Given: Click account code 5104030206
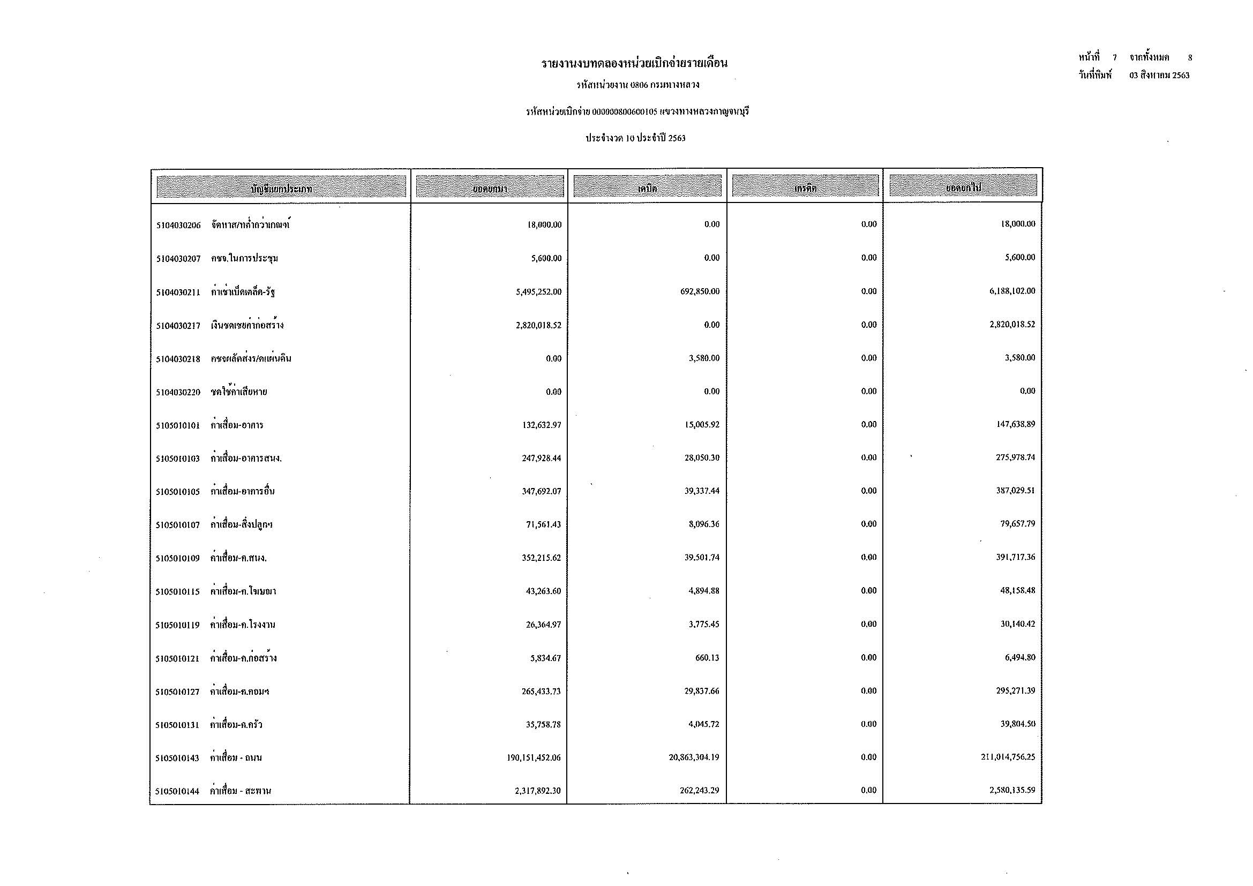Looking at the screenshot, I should [178, 226].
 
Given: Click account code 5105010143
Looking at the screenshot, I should [177, 759].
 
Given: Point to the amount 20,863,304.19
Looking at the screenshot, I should [694, 757].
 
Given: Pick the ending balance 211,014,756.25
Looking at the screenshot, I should [1008, 757].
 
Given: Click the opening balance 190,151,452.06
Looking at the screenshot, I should [534, 758].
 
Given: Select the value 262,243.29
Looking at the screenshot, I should [699, 791].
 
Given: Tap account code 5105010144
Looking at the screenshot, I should [177, 792].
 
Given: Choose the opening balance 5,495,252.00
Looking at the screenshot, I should [538, 292].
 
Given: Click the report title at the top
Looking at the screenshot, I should [634, 64].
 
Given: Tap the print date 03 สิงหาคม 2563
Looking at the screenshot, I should [1159, 76].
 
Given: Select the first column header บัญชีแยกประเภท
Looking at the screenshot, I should [281, 188].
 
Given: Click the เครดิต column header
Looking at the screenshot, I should [805, 187].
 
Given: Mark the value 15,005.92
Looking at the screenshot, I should [702, 424].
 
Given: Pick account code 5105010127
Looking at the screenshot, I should [177, 692].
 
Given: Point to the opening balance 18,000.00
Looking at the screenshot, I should [544, 225].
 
